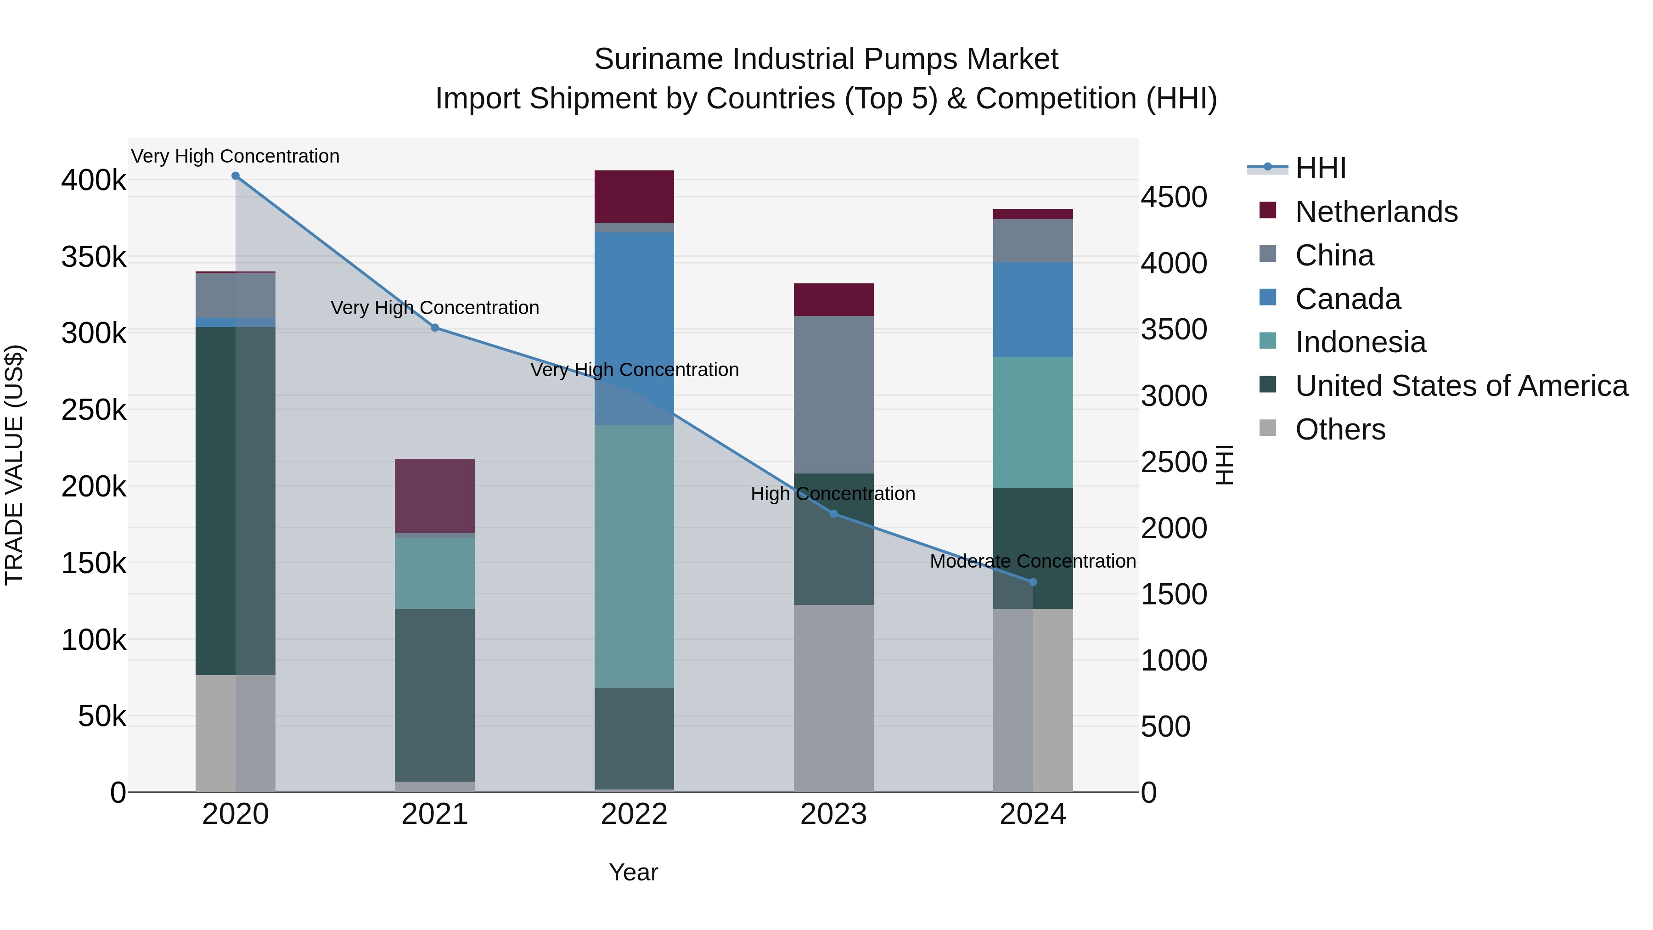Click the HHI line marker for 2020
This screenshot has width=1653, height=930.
tap(236, 176)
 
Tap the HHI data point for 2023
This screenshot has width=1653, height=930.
tap(833, 513)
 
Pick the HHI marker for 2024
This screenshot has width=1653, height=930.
tap(1033, 582)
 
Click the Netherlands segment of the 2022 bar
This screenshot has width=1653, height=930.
tap(634, 197)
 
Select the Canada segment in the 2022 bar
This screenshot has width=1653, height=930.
tap(634, 327)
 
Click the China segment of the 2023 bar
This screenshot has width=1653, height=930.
tap(833, 394)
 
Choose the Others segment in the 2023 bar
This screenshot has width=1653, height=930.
tap(833, 698)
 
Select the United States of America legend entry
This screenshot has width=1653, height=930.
tap(1461, 386)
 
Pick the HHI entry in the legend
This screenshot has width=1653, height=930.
tap(1320, 168)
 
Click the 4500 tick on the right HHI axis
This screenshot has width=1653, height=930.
tap(1174, 197)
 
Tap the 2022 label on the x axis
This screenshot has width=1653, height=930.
tap(634, 814)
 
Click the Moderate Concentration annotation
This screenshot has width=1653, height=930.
tap(1033, 562)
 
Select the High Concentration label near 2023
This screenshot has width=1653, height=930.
tap(833, 494)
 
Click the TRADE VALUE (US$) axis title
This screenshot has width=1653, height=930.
tap(14, 465)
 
